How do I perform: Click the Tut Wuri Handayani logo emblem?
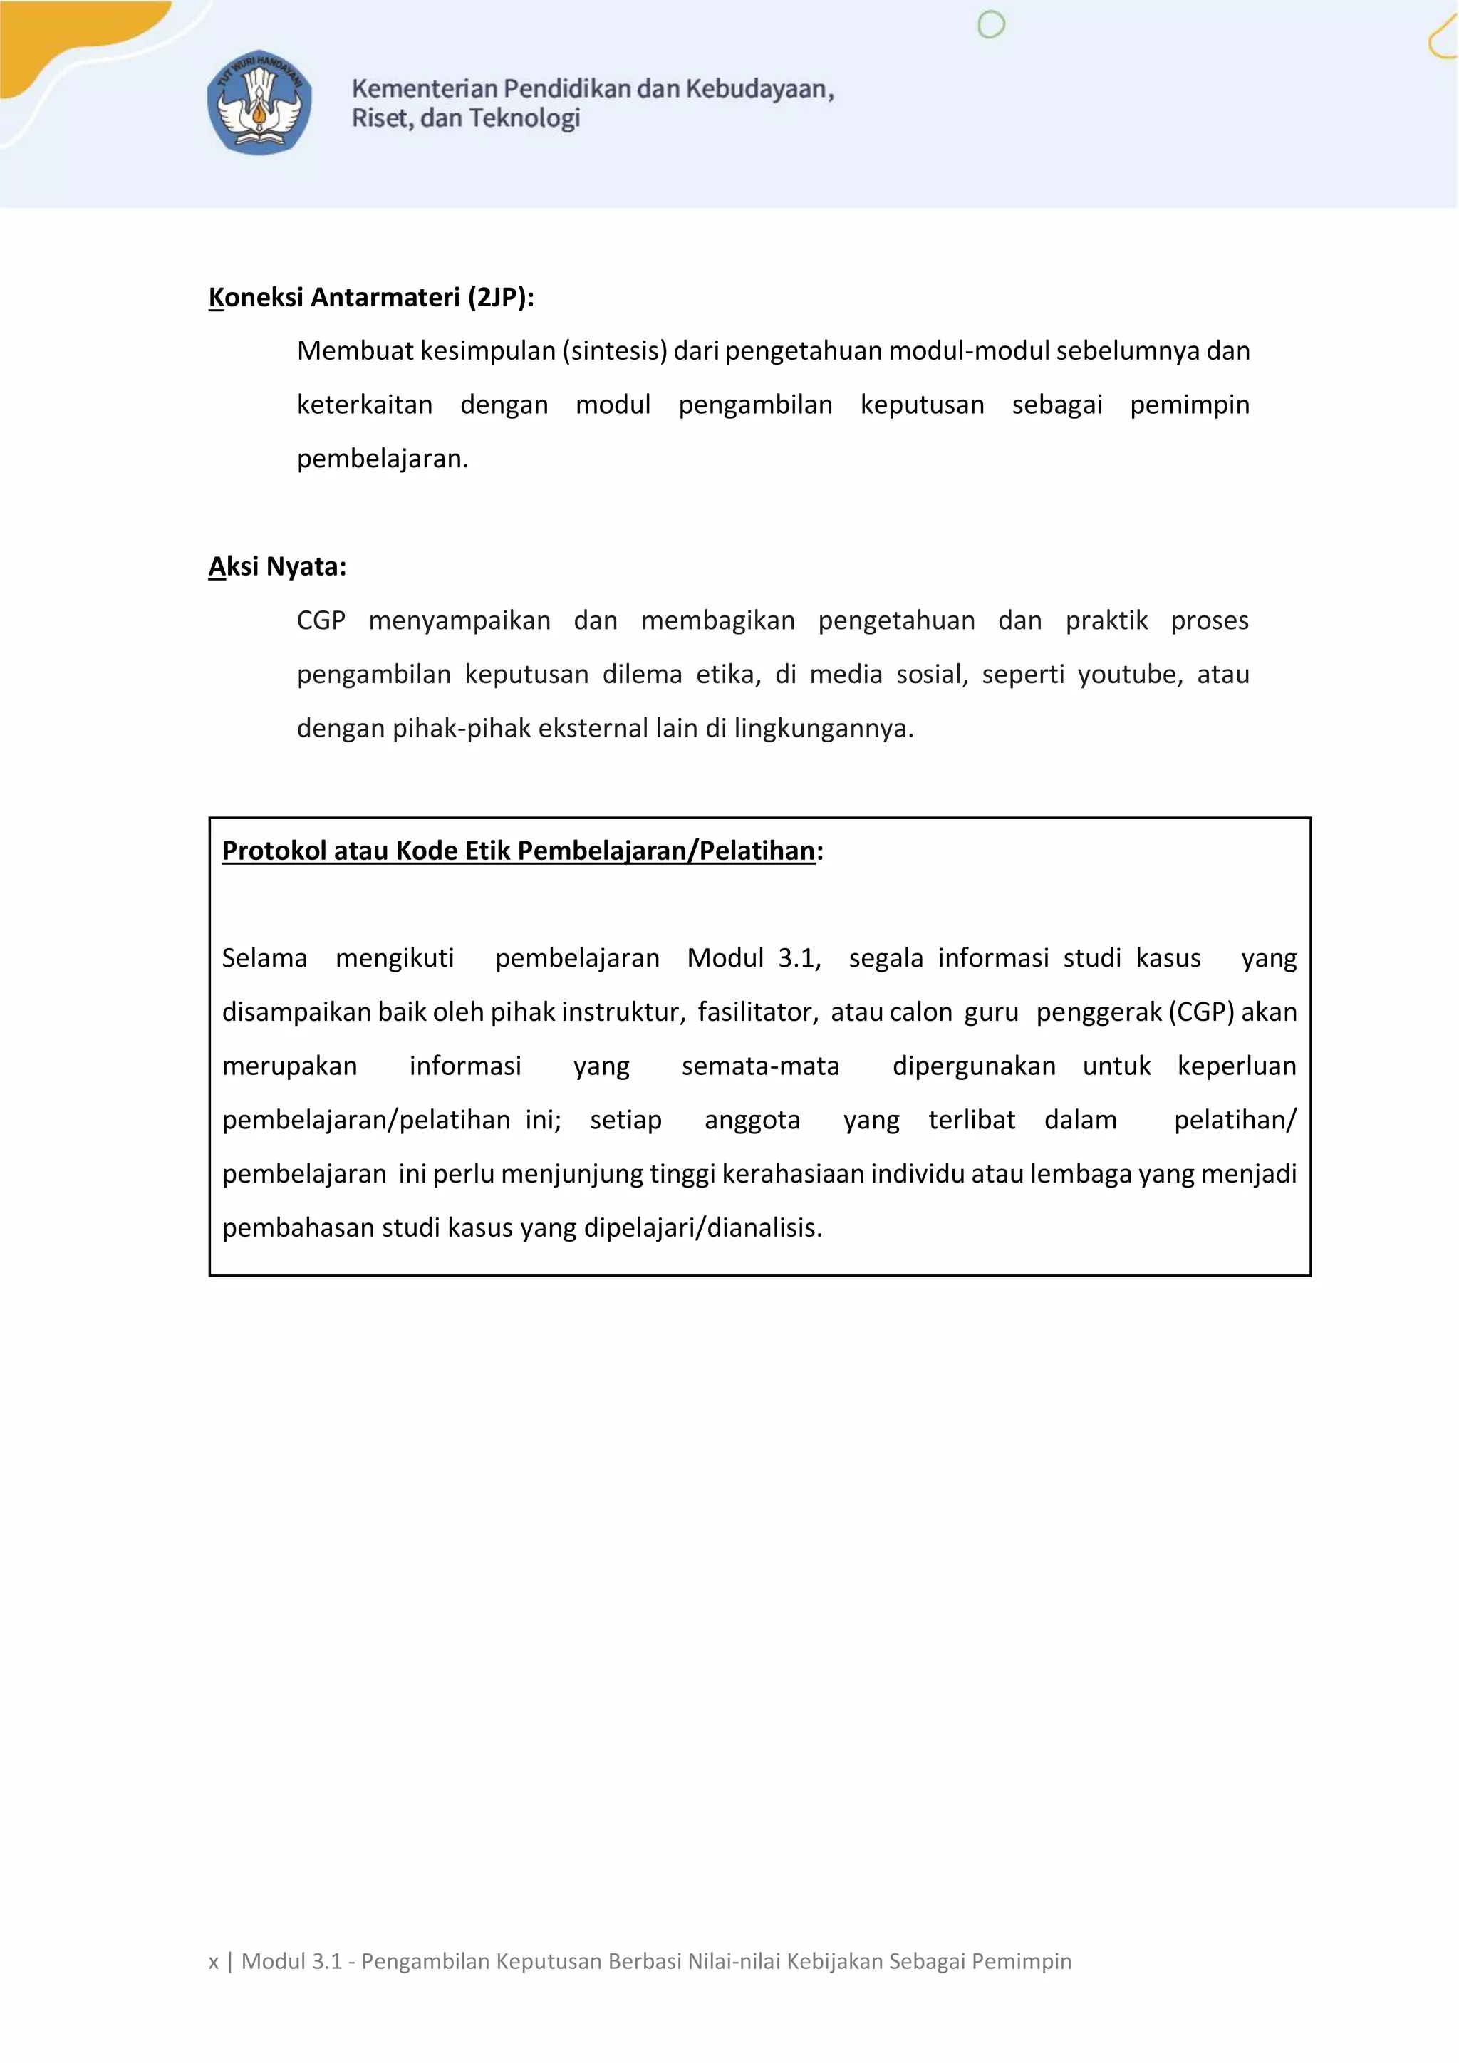point(259,102)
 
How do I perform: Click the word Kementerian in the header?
point(424,89)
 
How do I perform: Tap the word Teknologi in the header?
point(524,118)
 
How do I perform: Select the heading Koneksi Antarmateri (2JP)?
point(371,297)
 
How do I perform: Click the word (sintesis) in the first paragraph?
point(616,350)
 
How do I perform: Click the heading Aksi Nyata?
point(276,567)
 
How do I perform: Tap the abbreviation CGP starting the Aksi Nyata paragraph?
point(321,621)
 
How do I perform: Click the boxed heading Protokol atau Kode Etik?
point(519,851)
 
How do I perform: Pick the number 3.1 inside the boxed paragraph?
point(799,959)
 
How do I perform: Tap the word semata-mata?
point(760,1066)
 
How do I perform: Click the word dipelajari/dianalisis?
point(702,1228)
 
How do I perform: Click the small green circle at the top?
point(991,25)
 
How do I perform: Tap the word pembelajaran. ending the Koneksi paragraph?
point(383,459)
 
